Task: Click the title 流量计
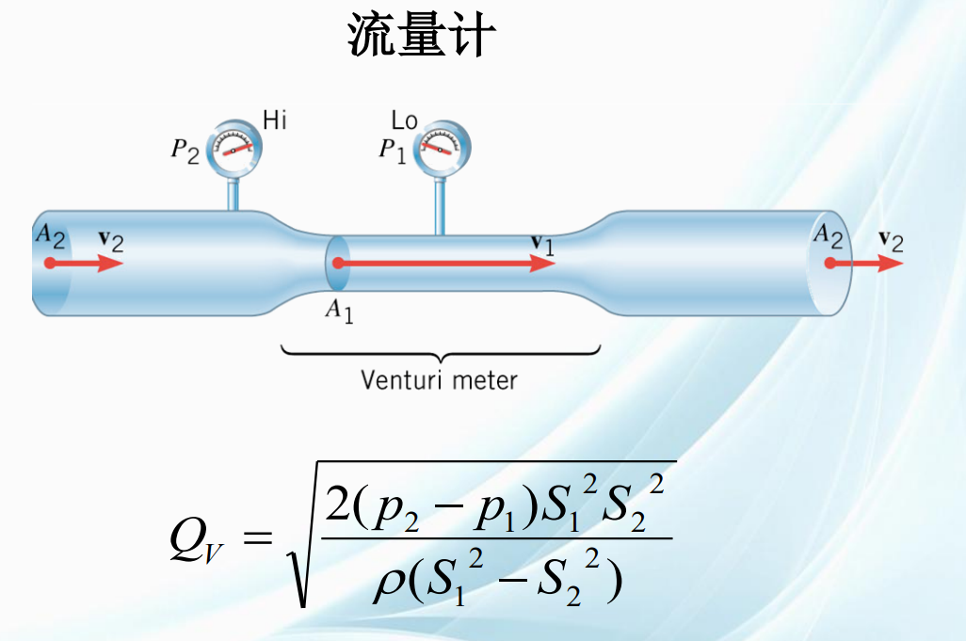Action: click(x=422, y=35)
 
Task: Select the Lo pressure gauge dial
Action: click(x=442, y=149)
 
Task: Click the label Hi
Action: click(x=275, y=120)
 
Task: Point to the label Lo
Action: click(x=404, y=120)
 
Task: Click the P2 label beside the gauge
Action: click(x=185, y=152)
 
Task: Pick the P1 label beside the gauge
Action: click(x=393, y=151)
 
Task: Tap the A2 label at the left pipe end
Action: click(x=50, y=236)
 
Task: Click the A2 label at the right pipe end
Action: click(x=828, y=236)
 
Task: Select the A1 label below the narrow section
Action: click(x=339, y=311)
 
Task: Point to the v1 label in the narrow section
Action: click(x=542, y=245)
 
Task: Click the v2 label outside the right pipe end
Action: click(x=891, y=241)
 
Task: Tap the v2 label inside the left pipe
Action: click(x=111, y=241)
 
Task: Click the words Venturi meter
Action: click(x=439, y=380)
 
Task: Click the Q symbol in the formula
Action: click(x=188, y=538)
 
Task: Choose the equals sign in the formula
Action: click(x=258, y=538)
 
